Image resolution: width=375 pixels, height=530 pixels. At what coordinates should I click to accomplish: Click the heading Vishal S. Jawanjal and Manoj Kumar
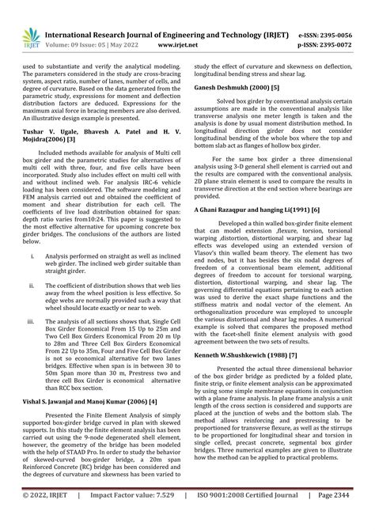tap(84, 401)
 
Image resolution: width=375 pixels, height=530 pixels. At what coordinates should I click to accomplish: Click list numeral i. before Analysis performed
tap(32, 256)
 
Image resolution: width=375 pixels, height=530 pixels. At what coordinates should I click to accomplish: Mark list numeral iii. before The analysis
tap(32, 321)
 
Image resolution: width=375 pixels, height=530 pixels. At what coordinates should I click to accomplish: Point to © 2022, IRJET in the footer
tap(46, 515)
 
